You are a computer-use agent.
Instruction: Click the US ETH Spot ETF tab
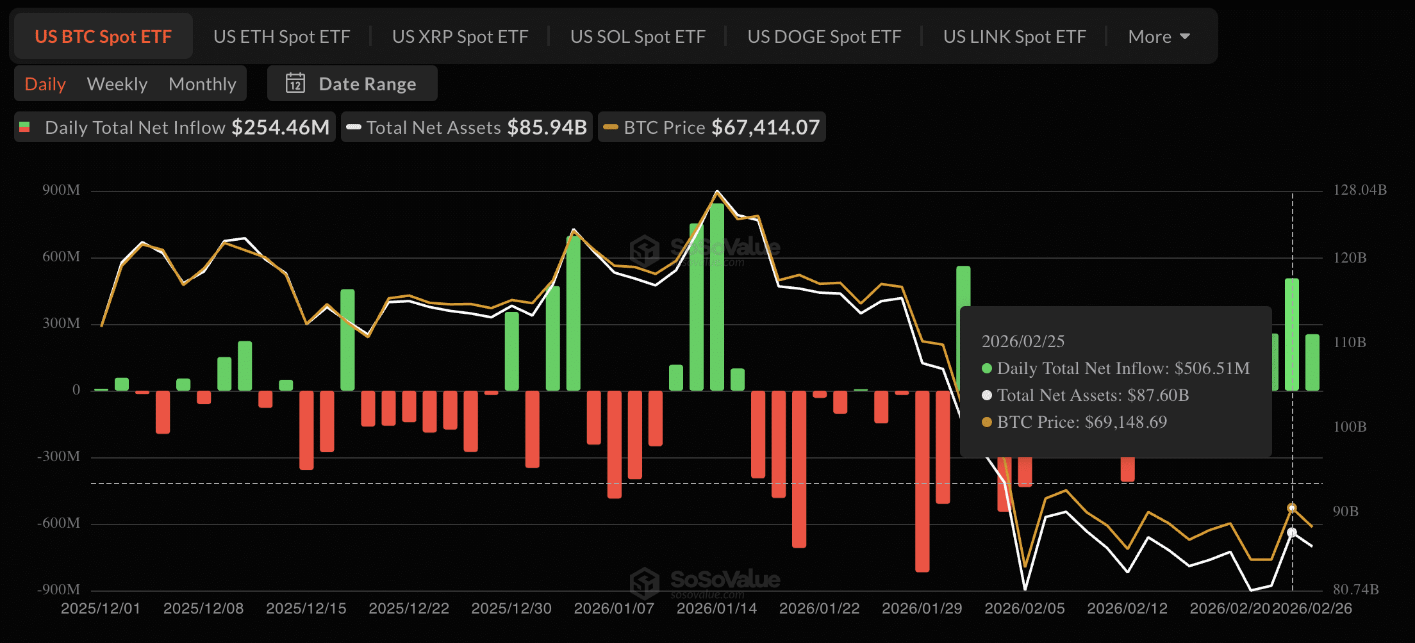click(x=281, y=37)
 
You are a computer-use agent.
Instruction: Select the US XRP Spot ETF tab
click(x=460, y=37)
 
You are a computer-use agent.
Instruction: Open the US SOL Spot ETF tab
click(x=638, y=37)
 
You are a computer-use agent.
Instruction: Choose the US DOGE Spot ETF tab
click(x=824, y=37)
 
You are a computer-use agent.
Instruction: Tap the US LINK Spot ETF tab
click(x=1014, y=37)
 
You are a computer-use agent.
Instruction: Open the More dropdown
click(x=1159, y=37)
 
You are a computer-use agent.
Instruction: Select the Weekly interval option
click(x=117, y=84)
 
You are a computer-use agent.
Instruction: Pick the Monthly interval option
click(x=203, y=84)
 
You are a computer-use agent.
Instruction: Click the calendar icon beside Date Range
click(x=295, y=83)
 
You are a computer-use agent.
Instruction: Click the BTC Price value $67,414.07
click(x=766, y=127)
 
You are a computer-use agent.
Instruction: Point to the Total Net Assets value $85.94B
click(x=547, y=127)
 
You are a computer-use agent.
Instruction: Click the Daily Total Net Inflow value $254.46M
click(x=281, y=127)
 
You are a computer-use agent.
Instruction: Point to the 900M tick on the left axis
click(x=62, y=190)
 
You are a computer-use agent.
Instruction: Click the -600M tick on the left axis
click(x=59, y=523)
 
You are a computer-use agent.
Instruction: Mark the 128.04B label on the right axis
click(x=1360, y=190)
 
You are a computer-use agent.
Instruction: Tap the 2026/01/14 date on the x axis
click(x=716, y=608)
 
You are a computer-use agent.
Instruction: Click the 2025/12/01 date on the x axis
click(x=101, y=608)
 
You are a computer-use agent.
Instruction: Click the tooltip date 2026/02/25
click(x=1023, y=341)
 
